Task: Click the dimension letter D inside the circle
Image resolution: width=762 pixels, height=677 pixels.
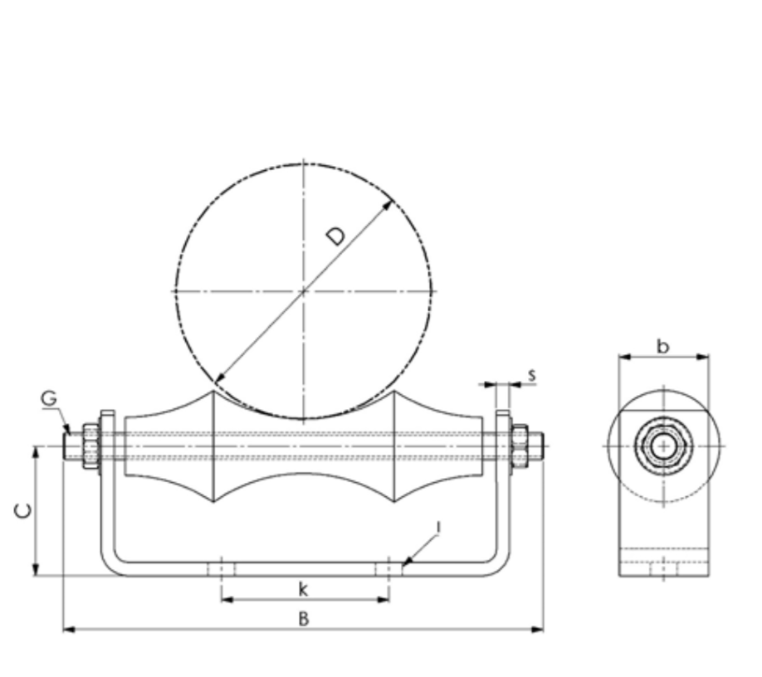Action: [x=335, y=236]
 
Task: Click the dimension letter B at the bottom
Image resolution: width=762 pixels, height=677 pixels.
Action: [x=304, y=618]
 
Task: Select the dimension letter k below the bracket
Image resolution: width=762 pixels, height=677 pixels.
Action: [x=304, y=590]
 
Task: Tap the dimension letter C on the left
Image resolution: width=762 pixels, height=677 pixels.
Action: [x=24, y=509]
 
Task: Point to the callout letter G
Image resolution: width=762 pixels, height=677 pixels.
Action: [x=49, y=399]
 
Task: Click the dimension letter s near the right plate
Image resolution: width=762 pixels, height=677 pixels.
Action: [x=531, y=375]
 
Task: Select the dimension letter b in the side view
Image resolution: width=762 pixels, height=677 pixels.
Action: [x=662, y=346]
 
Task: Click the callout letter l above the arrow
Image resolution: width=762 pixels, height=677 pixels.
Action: [x=438, y=528]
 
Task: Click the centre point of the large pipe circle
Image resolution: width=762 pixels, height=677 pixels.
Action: [x=304, y=291]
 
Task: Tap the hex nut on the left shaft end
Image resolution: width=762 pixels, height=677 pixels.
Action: [x=90, y=446]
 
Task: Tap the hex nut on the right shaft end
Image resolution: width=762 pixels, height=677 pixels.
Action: [x=520, y=446]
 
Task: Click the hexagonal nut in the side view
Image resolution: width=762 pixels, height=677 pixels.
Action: [x=662, y=446]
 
